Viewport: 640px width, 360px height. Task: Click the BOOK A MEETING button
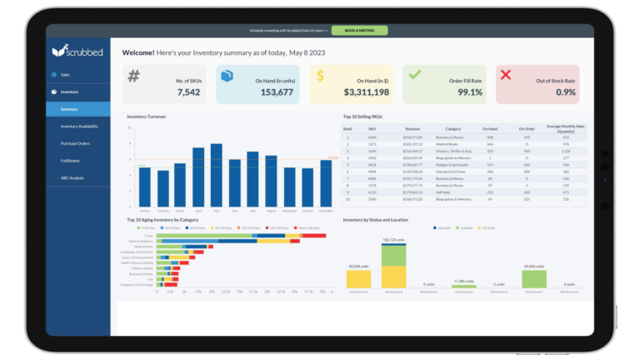click(359, 30)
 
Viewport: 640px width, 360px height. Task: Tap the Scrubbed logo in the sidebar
click(77, 52)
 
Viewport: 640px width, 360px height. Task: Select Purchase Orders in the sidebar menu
click(77, 143)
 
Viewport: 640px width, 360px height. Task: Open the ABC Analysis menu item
click(72, 177)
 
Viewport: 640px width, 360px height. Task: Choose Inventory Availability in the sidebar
click(79, 126)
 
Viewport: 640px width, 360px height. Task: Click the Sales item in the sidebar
click(65, 74)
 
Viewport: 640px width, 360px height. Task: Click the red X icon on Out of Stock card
click(504, 75)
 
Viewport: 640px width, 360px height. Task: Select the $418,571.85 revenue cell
click(413, 137)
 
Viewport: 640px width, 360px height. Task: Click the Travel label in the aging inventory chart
click(148, 236)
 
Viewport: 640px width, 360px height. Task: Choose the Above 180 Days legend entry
click(308, 227)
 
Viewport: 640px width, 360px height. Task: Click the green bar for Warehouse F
click(533, 279)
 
